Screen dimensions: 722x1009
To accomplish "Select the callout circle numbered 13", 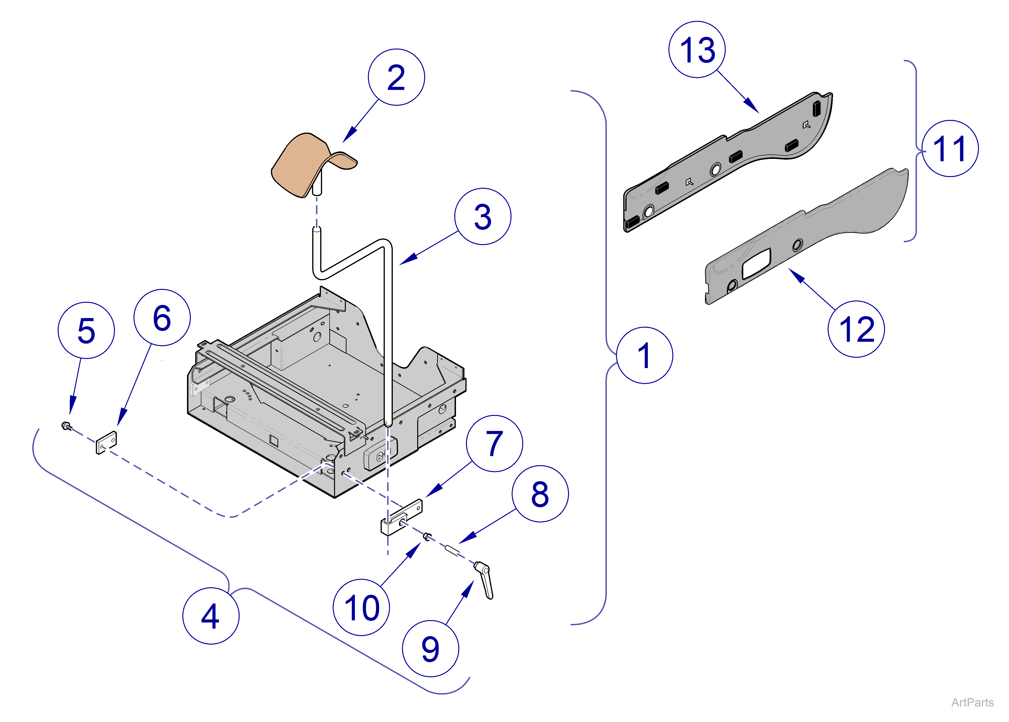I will pos(697,49).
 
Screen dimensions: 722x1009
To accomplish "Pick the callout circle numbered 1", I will pos(644,355).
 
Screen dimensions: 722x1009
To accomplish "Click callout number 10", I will pos(361,607).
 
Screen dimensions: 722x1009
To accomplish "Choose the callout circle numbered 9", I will pos(430,649).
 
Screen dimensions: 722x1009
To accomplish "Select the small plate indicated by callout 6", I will pos(106,443).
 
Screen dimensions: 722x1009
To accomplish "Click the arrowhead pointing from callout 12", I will pos(796,275).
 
